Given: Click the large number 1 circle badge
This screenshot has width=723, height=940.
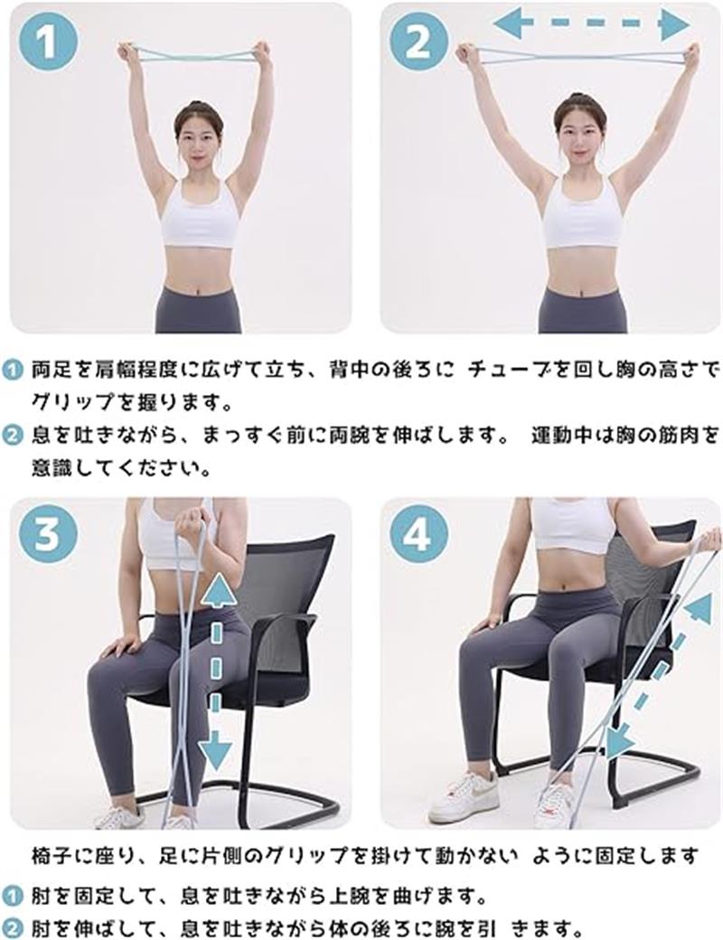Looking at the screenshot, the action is (x=47, y=43).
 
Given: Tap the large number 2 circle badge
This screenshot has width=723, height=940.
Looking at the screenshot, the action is (x=418, y=43).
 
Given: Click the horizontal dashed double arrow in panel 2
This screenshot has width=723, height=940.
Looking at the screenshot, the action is (x=591, y=23).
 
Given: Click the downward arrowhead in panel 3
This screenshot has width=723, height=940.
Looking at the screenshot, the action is (x=215, y=749).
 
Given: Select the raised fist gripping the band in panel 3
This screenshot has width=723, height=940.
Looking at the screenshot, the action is (x=191, y=519).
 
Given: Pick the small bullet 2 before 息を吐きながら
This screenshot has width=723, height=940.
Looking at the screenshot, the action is (x=11, y=436).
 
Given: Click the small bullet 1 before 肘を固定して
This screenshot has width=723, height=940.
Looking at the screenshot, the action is (x=11, y=898).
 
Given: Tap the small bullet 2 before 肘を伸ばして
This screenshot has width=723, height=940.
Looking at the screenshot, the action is (x=11, y=928).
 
